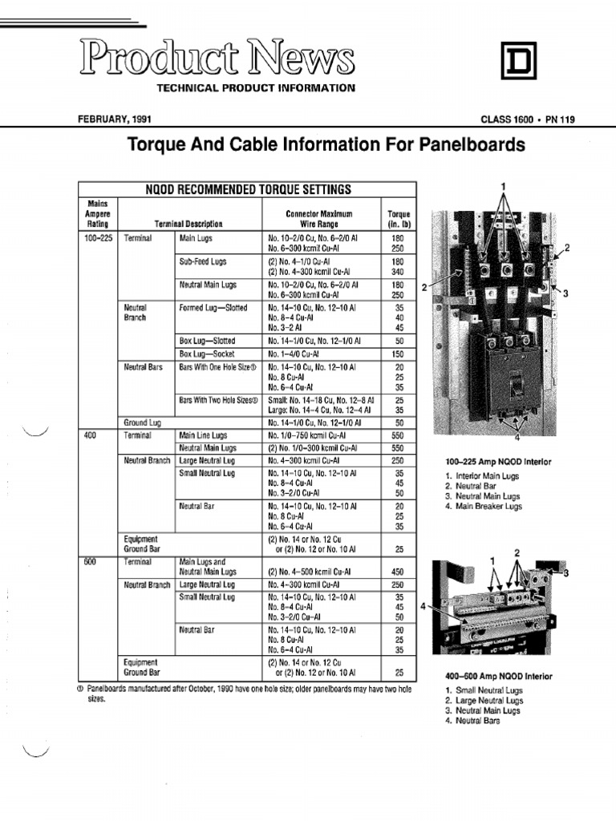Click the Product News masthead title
click(x=217, y=59)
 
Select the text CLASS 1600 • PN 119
click(x=527, y=119)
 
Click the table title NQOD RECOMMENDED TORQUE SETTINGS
click(x=248, y=189)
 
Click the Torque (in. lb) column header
click(x=399, y=220)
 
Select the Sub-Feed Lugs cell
click(x=202, y=261)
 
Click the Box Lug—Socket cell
click(x=206, y=354)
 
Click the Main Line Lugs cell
click(x=203, y=435)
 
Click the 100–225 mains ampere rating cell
click(x=99, y=239)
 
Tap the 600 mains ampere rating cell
click(x=89, y=562)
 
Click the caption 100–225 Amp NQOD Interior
click(x=498, y=463)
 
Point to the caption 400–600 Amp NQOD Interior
click(x=498, y=677)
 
